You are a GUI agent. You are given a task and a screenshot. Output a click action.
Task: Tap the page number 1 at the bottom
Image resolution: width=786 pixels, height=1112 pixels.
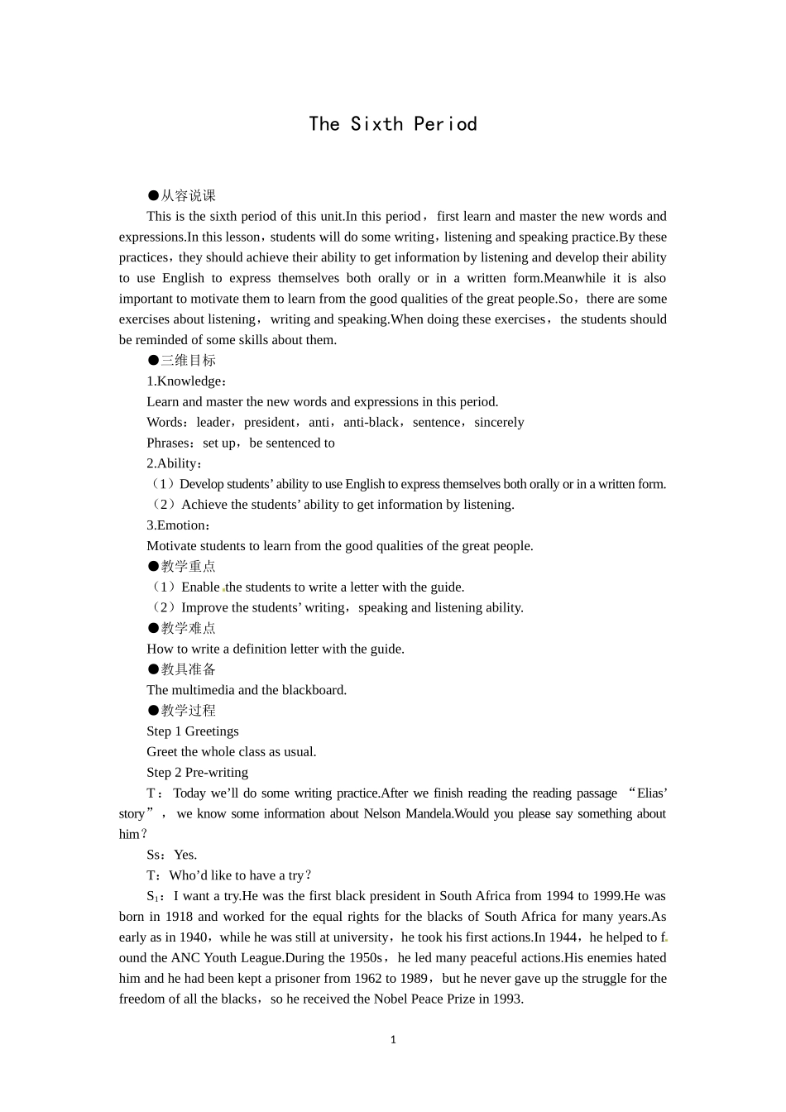[x=393, y=1040]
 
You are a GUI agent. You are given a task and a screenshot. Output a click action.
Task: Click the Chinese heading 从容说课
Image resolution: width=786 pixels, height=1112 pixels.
[x=188, y=195]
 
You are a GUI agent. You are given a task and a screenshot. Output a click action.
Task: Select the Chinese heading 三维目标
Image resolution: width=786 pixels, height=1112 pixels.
[x=188, y=360]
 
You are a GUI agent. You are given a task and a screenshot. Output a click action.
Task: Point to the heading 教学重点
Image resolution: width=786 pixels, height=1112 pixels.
[x=188, y=566]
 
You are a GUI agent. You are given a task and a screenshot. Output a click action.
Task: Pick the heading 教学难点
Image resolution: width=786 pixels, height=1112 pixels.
[x=188, y=628]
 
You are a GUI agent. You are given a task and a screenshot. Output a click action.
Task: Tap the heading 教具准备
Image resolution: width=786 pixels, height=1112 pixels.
[x=188, y=669]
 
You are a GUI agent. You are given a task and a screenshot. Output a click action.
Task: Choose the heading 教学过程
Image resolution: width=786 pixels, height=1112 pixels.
[x=188, y=710]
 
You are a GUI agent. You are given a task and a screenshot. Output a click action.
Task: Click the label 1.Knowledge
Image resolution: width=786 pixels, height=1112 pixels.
[x=185, y=381]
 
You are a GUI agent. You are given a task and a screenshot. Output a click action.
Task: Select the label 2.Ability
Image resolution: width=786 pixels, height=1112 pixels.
[x=172, y=463]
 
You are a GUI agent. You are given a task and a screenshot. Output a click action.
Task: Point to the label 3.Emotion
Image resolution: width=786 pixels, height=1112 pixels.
[x=176, y=525]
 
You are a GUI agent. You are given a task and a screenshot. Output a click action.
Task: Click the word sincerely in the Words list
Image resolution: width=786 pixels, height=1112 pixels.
[x=499, y=422]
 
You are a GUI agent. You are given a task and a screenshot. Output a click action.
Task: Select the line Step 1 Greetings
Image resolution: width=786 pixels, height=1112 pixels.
[x=193, y=731]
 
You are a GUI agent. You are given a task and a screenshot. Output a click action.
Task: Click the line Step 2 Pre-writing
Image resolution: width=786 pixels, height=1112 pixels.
[x=197, y=772]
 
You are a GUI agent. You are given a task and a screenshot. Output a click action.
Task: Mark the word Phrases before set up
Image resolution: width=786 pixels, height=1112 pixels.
[x=170, y=443]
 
